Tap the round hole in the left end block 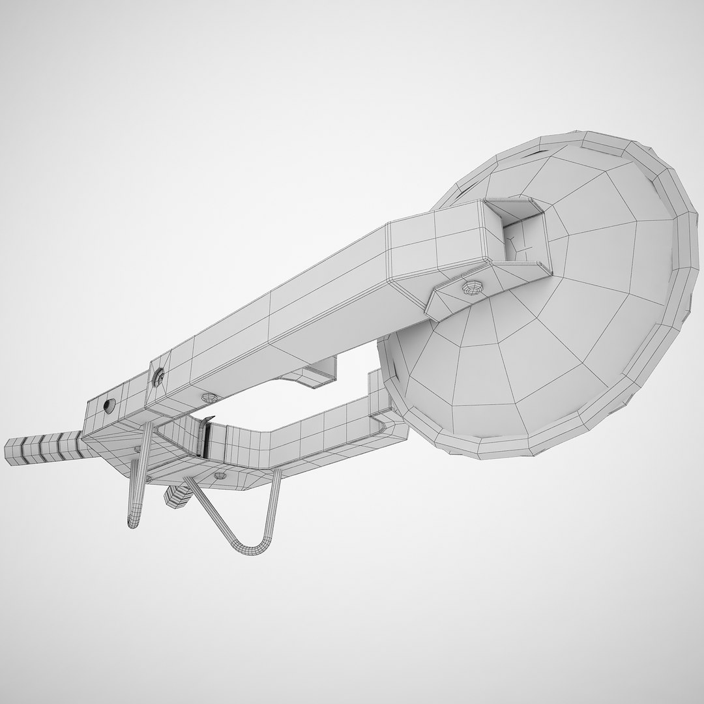pos(108,405)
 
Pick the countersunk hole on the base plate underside pos(219,477)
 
